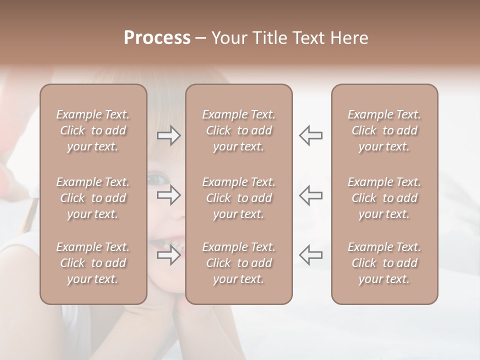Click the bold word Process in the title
click(157, 38)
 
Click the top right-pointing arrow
click(168, 135)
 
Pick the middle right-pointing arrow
click(168, 194)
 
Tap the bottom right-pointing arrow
click(168, 255)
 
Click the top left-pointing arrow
click(311, 135)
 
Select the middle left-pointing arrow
click(311, 194)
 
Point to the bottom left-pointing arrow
click(311, 254)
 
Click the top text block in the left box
click(93, 130)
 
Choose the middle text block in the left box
click(93, 198)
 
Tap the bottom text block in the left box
click(93, 263)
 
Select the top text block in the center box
click(239, 130)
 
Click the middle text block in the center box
click(239, 198)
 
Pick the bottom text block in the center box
click(239, 263)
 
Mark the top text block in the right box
click(384, 130)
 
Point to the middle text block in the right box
click(384, 198)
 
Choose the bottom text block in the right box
click(384, 263)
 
